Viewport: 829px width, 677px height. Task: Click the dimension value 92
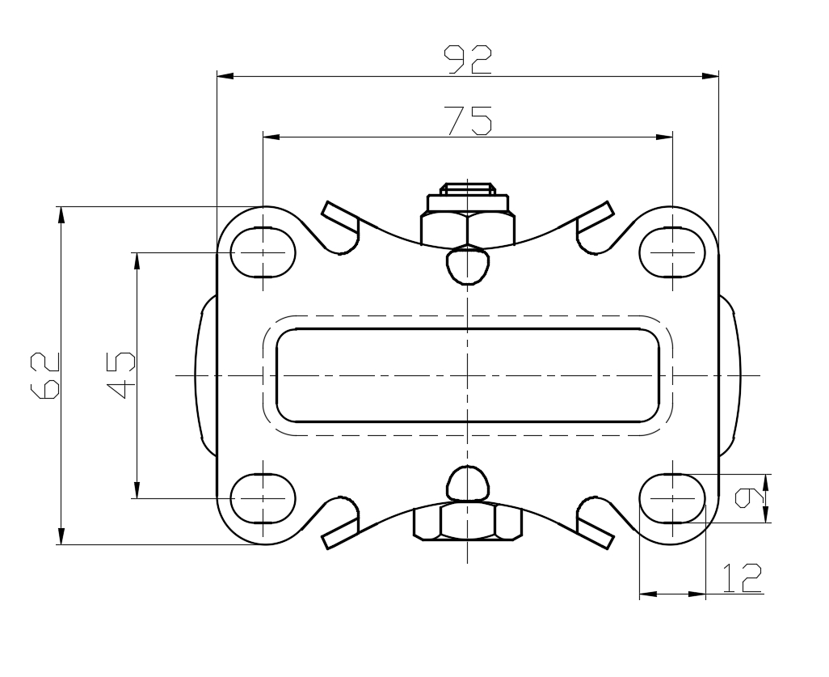(x=468, y=59)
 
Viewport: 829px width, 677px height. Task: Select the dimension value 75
(x=469, y=121)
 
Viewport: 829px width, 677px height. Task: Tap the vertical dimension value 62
(x=45, y=375)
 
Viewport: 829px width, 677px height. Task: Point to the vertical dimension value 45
(x=121, y=374)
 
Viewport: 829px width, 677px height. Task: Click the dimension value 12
(x=742, y=578)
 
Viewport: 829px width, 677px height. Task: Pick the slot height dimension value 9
(x=750, y=499)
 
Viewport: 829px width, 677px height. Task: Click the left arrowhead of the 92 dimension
(x=225, y=77)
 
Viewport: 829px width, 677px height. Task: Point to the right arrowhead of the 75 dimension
(x=665, y=137)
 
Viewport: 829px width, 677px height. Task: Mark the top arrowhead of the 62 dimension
(x=61, y=214)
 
